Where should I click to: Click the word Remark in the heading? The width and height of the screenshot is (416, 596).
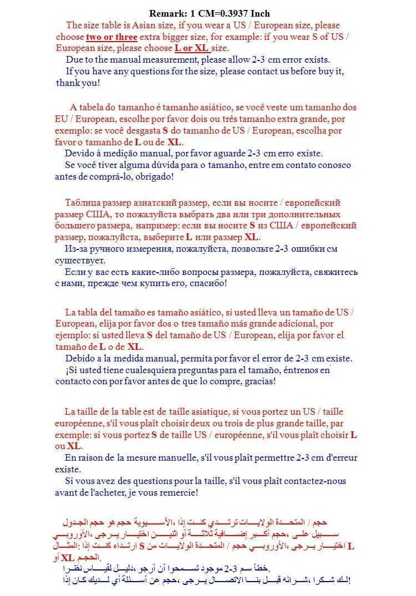166,13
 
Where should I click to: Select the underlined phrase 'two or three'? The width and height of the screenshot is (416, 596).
111,37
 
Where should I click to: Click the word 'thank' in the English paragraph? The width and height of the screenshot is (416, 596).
68,83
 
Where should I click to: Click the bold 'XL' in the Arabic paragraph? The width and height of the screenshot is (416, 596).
67,558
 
